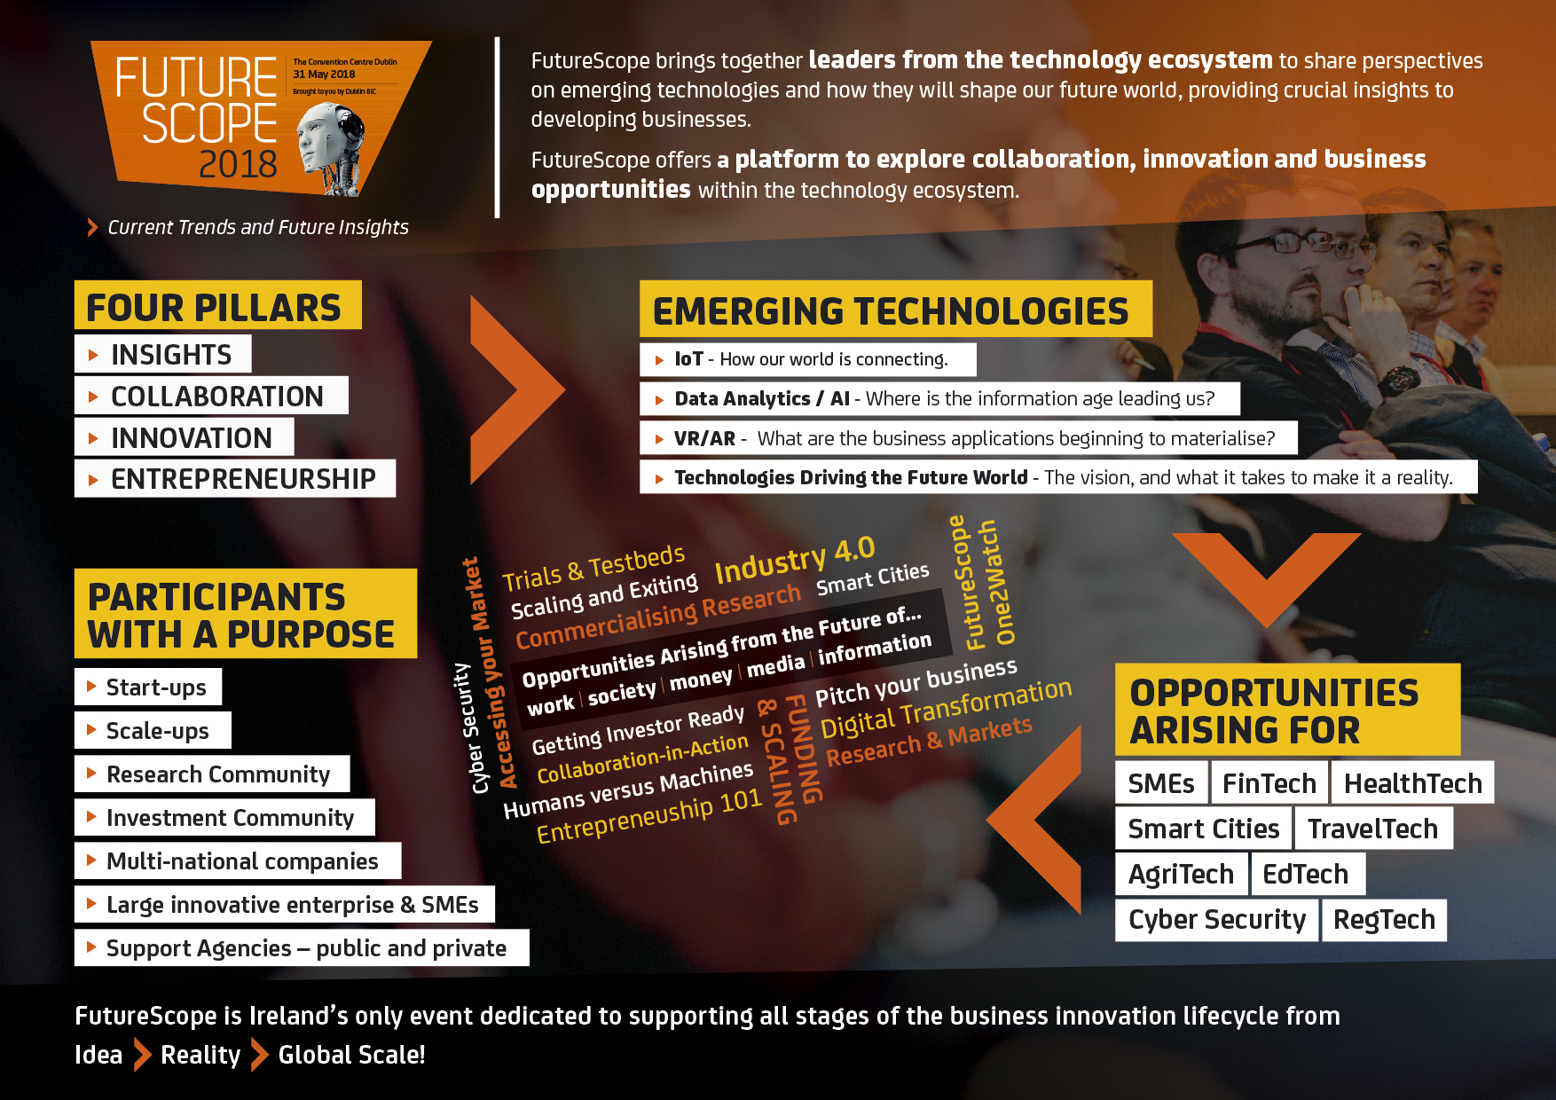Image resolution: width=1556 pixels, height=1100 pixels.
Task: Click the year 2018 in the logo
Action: click(238, 165)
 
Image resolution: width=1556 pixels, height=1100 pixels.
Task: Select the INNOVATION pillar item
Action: click(184, 437)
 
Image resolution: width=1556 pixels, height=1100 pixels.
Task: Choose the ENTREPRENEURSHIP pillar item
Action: click(234, 479)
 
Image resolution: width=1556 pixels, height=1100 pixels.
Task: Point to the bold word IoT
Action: click(688, 359)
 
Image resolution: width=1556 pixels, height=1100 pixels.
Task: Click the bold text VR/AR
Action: click(704, 438)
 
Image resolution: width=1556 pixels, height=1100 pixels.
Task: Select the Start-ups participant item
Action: click(148, 687)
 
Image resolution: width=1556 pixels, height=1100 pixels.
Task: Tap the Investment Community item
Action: click(224, 817)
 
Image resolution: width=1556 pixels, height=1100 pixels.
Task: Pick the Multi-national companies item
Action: click(238, 860)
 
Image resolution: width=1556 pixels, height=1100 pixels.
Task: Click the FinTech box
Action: click(1269, 782)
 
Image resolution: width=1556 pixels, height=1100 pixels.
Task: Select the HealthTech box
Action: click(1412, 782)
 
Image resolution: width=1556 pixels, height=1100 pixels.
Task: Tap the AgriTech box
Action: click(1181, 874)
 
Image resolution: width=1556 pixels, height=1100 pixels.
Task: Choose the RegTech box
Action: click(1384, 919)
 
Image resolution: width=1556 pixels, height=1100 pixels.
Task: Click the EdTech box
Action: click(1306, 874)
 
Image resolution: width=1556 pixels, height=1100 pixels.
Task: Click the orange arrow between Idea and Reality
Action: click(142, 1055)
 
